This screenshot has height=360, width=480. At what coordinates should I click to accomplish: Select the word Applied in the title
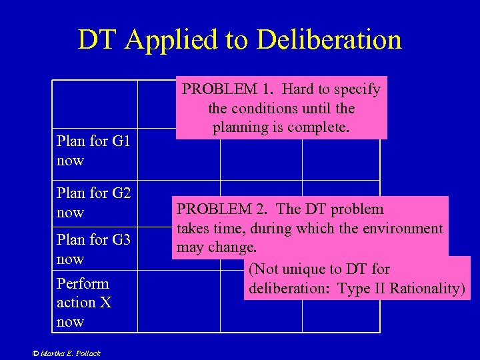[164, 40]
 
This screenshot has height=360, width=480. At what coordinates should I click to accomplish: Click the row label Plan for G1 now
[93, 151]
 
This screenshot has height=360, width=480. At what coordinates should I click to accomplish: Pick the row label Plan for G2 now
[93, 203]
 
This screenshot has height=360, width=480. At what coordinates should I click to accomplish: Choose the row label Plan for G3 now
[93, 249]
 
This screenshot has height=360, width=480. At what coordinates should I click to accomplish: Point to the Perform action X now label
[84, 302]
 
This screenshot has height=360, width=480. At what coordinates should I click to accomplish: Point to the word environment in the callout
[402, 229]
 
